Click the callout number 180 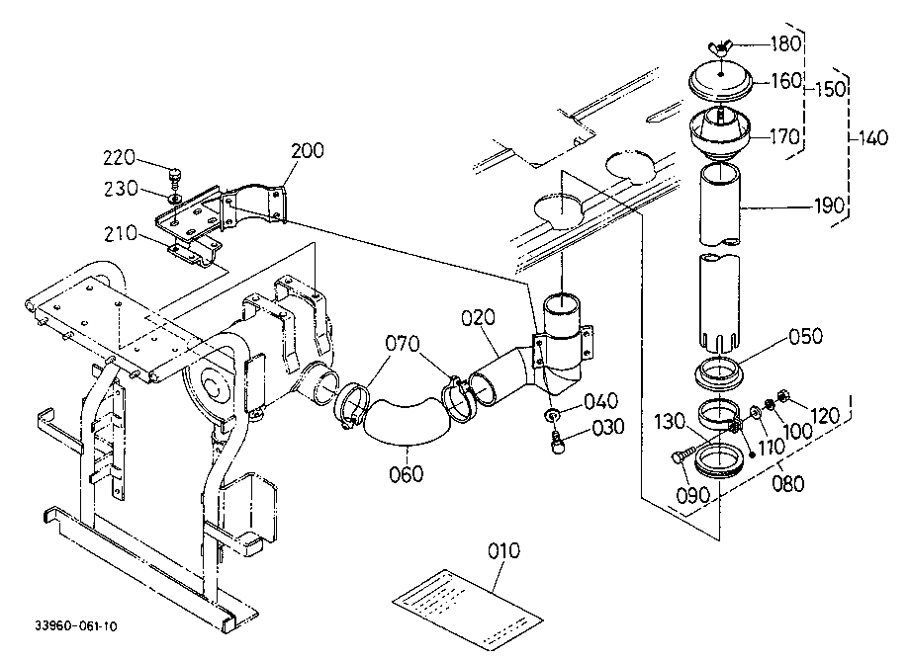point(785,43)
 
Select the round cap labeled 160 point(721,82)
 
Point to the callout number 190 point(830,205)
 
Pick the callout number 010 point(503,550)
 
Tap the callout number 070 point(403,343)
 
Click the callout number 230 point(121,188)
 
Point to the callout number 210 point(121,234)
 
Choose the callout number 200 point(308,150)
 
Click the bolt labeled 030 point(557,444)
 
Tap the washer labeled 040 point(552,415)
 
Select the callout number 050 point(806,336)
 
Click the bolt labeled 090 point(683,454)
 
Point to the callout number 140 point(871,137)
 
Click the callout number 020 point(479,317)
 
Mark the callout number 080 point(788,482)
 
